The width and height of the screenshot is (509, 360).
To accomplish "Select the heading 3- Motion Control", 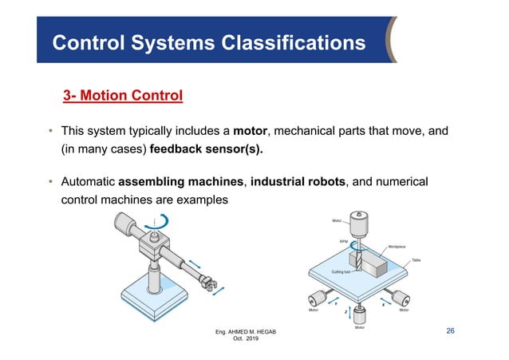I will click(123, 97).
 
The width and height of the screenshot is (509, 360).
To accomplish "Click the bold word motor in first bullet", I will click(250, 130).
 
